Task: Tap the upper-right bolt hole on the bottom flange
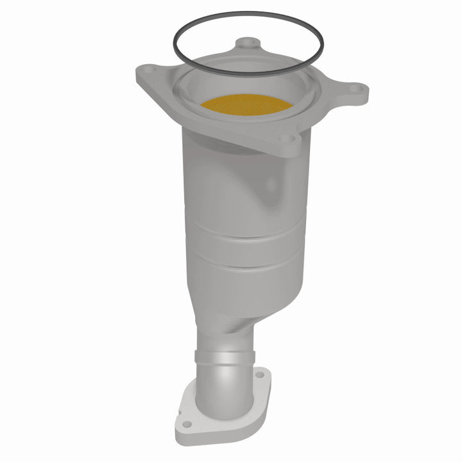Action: pyautogui.click(x=259, y=373)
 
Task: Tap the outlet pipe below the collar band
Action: pyautogui.click(x=221, y=379)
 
